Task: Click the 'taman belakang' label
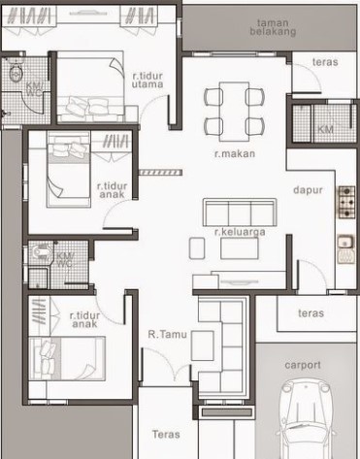point(273,27)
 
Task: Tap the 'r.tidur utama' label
point(147,81)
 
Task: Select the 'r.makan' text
point(235,153)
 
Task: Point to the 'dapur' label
point(308,190)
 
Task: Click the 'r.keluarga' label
point(240,232)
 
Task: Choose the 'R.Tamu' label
point(168,334)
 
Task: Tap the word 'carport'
point(303,365)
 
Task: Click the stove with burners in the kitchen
point(346,202)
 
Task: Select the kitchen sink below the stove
point(346,248)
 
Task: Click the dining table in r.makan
point(235,112)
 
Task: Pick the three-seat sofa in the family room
point(240,213)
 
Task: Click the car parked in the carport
point(306,419)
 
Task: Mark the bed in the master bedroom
point(90,86)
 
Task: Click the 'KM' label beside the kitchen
point(325,129)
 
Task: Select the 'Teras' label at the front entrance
point(166,434)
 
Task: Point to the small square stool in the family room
point(197,248)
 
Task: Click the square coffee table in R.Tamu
point(202,345)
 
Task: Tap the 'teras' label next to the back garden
point(325,62)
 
